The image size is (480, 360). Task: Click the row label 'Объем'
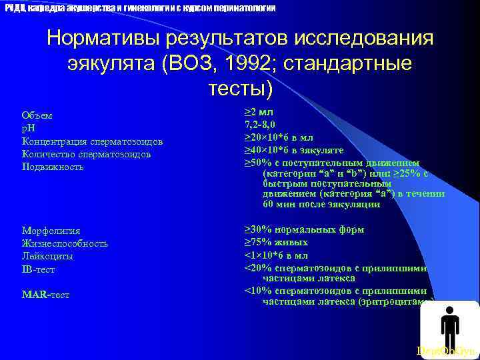click(x=37, y=115)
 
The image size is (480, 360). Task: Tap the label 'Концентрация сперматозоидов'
click(x=93, y=141)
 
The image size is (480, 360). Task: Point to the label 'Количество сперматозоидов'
click(x=86, y=154)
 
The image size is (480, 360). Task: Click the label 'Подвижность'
click(x=53, y=167)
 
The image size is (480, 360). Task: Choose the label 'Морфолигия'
click(x=51, y=231)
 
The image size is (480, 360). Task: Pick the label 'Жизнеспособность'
click(x=65, y=243)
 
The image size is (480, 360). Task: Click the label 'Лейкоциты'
click(x=47, y=256)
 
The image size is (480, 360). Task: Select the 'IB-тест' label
click(x=39, y=269)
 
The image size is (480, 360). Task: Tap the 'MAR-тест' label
click(x=45, y=294)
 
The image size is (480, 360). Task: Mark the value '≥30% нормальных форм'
click(x=304, y=230)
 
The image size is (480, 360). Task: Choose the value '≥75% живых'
click(x=276, y=243)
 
